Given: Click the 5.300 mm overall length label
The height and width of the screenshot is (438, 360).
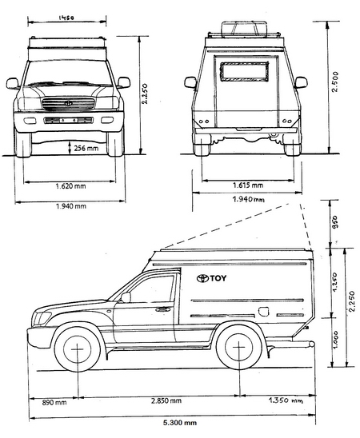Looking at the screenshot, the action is [180, 423].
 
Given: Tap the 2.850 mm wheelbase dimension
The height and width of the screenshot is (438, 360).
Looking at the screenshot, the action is [166, 401].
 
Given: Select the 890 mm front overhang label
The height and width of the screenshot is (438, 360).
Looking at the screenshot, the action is [54, 403].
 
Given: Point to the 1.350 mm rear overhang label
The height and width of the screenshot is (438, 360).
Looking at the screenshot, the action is [286, 400].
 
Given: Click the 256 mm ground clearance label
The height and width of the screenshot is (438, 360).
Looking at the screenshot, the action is [86, 148].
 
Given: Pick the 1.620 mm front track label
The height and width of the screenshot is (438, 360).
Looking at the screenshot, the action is [70, 186].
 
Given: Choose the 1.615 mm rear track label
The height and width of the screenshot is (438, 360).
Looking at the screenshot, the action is [248, 185].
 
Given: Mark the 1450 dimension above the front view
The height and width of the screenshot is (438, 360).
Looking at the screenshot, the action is [66, 18].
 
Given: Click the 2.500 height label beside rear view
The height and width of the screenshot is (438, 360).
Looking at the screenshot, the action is [334, 82].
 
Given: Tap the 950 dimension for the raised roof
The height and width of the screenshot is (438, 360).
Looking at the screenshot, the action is [334, 221].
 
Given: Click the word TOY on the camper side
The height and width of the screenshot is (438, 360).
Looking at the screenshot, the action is [218, 278].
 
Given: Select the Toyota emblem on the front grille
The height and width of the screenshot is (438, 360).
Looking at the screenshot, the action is [69, 103].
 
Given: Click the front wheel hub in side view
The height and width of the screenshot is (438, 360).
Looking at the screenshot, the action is [77, 349].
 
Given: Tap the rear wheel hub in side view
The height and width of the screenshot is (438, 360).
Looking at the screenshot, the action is [239, 347].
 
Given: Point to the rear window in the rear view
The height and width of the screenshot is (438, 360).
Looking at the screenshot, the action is [245, 72].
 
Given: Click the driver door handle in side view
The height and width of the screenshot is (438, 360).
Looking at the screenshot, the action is [163, 309].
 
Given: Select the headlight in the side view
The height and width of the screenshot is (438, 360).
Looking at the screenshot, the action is [42, 318].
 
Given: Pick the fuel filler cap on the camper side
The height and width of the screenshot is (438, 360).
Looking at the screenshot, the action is [263, 312].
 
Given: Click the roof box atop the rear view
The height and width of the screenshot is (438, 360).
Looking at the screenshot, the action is [244, 29].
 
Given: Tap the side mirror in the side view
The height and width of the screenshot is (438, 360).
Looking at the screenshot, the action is [126, 297].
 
